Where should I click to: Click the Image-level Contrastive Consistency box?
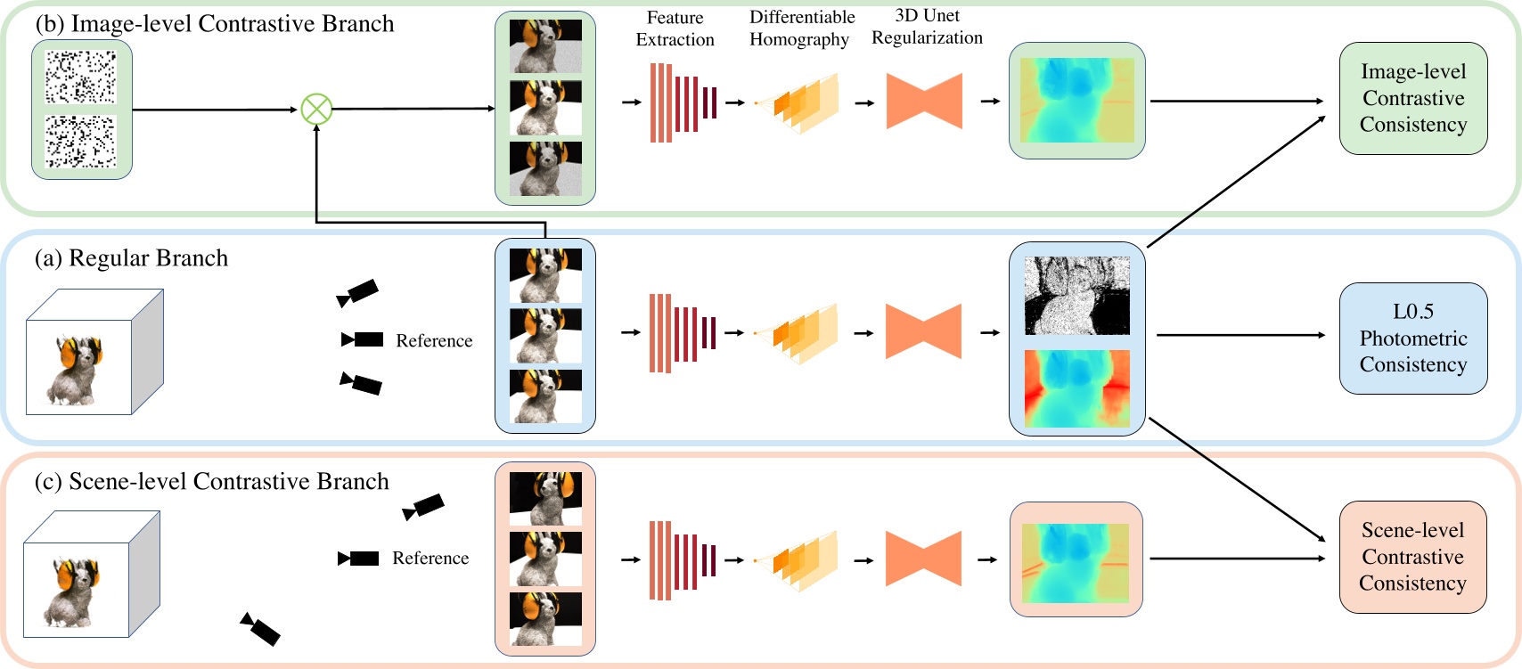tap(1412, 98)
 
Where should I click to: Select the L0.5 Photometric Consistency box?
tap(1412, 338)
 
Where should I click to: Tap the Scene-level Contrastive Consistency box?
tap(1412, 557)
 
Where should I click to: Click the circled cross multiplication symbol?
tap(316, 110)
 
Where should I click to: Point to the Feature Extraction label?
tap(675, 29)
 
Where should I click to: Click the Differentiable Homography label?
tap(801, 29)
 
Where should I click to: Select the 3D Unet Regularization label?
tap(927, 27)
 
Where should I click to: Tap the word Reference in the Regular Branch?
tap(434, 341)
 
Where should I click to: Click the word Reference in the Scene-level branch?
tap(430, 559)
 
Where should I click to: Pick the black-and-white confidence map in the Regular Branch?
tap(1076, 296)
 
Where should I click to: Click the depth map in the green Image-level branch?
tap(1076, 100)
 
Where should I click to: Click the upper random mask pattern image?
tap(81, 77)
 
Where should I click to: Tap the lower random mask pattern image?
tap(81, 141)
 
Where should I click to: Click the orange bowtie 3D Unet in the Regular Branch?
tap(923, 331)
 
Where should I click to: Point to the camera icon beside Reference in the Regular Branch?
tap(363, 339)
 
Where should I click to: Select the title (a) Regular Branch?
tap(131, 258)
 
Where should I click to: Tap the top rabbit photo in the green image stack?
tap(545, 46)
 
